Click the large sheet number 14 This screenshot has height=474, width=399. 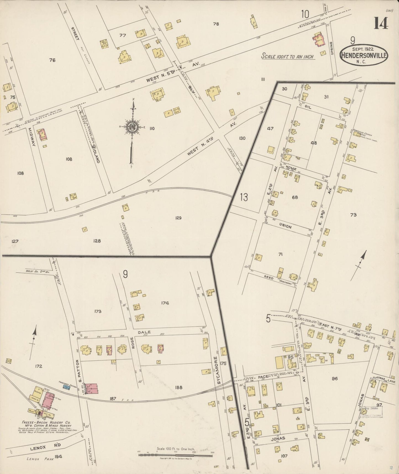[x=381, y=23]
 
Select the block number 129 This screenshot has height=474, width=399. [x=178, y=218]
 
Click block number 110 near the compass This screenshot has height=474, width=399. [x=152, y=128]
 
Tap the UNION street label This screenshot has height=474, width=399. [x=285, y=226]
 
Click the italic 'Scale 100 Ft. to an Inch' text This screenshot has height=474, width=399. [x=287, y=57]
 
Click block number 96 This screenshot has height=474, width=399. [x=334, y=378]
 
